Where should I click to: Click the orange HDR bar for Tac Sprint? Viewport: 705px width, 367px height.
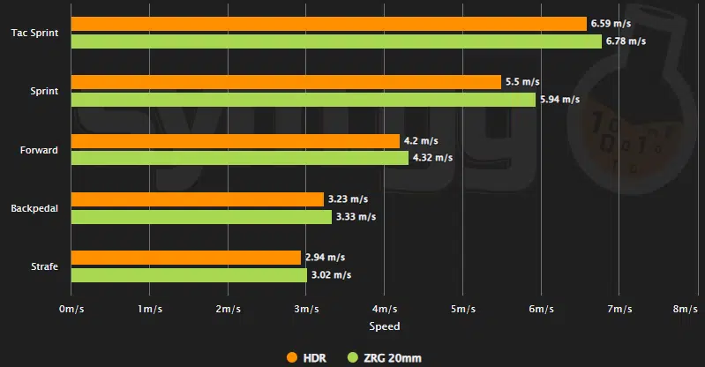[328, 24]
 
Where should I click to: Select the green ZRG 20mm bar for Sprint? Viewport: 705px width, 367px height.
[303, 100]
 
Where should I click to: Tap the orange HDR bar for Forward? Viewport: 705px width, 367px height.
[235, 141]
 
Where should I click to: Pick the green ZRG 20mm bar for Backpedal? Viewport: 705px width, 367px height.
[201, 217]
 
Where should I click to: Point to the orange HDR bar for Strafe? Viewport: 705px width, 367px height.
[185, 258]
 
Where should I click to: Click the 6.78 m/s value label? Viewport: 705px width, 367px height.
[626, 41]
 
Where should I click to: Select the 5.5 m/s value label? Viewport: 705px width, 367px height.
[521, 82]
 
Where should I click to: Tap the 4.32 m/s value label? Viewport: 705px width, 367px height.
[432, 159]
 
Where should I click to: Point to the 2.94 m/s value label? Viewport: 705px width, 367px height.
[325, 258]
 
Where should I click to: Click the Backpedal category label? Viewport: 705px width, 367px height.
[34, 209]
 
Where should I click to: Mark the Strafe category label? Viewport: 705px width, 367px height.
[43, 267]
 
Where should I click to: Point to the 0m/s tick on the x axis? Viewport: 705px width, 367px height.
[71, 310]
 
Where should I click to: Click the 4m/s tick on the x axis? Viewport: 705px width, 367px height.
[384, 310]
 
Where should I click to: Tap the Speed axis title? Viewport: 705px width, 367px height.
[384, 326]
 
